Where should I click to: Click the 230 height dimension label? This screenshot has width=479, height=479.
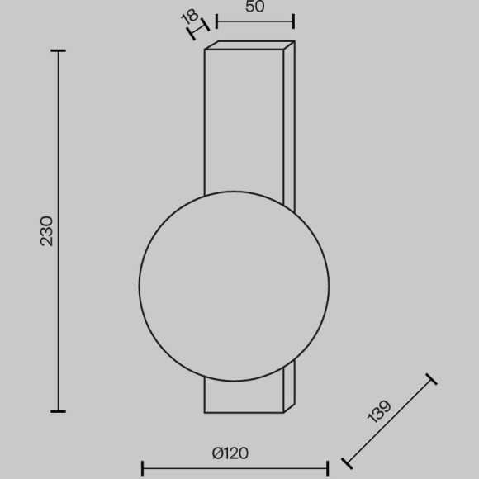coord(47,230)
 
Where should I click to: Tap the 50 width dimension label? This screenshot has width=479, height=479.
coord(255,8)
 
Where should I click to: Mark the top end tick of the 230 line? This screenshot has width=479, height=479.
coord(58,51)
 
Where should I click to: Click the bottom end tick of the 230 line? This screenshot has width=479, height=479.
coord(58,410)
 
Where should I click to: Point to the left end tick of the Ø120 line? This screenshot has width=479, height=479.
coord(142,467)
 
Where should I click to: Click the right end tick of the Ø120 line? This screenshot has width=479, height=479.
coord(328,467)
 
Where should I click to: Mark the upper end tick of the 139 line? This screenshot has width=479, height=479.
coord(430,380)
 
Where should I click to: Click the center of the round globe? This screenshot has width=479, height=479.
coord(234,287)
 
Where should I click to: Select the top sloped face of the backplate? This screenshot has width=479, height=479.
coord(248,45)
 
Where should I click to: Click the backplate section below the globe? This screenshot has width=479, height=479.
coord(244,396)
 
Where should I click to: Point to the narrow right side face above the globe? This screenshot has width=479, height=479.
coord(288,124)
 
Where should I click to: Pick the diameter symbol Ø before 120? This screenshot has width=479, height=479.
coord(216,453)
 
